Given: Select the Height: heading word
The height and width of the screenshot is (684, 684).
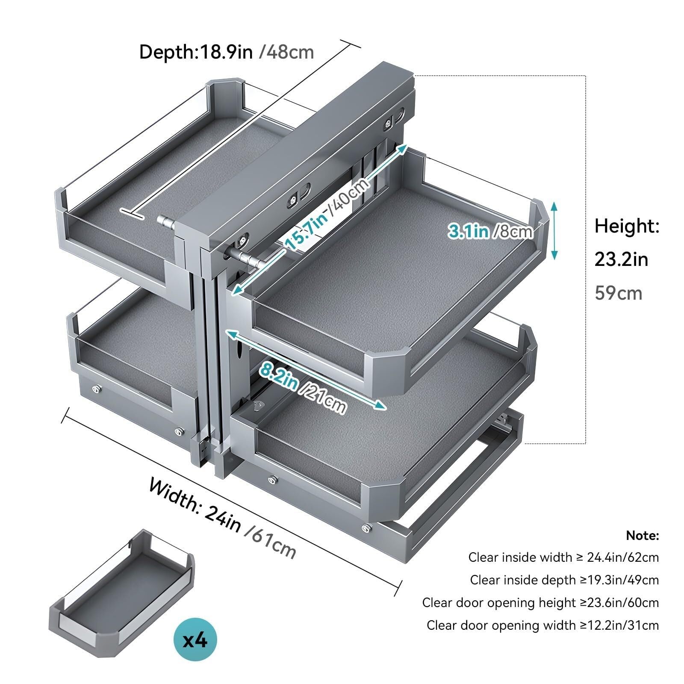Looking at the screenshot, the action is point(627,226).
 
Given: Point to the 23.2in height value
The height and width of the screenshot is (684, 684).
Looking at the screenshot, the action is point(621,259).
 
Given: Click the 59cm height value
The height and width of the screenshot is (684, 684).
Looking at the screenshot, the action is point(619,293).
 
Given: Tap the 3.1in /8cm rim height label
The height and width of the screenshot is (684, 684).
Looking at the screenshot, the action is point(490,231).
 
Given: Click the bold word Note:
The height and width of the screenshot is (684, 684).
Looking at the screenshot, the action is point(643,535).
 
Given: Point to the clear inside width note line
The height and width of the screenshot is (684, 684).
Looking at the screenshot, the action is point(563,557).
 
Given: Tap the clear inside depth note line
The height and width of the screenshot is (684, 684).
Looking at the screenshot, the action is point(564,580).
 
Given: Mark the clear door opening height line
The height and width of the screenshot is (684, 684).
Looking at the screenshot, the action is point(540,603).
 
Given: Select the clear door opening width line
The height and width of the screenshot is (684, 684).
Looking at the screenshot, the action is point(542,625).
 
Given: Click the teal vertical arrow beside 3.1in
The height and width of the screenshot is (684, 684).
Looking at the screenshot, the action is point(554,231).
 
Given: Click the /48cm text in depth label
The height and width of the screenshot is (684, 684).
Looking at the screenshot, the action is point(286,52).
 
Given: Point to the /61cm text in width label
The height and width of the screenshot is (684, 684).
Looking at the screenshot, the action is point(270,542).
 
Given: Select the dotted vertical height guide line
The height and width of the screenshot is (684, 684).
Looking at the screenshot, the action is point(585,259).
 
